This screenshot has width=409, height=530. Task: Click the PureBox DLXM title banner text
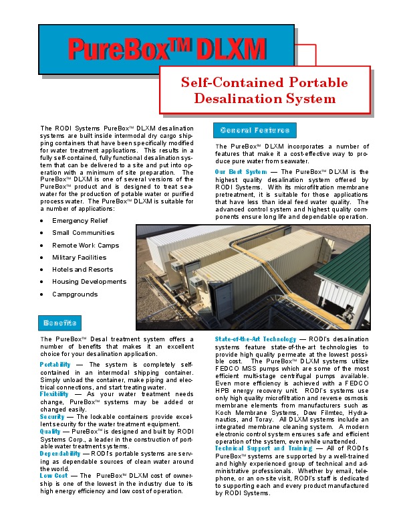click(x=166, y=50)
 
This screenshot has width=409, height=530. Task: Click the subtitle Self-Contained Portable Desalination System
click(x=265, y=91)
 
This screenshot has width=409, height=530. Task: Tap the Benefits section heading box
click(x=61, y=323)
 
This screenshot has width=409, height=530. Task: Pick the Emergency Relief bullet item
click(x=80, y=221)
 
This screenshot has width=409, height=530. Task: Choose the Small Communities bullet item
click(x=83, y=233)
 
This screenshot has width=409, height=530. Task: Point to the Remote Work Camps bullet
click(x=86, y=246)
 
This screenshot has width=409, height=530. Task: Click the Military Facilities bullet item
click(x=79, y=258)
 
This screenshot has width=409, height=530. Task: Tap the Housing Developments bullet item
click(x=89, y=282)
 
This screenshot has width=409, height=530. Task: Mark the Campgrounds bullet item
click(x=74, y=294)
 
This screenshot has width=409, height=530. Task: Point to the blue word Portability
click(x=55, y=364)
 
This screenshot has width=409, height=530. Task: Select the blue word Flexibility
click(x=54, y=394)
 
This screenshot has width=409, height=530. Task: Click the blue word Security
click(x=52, y=416)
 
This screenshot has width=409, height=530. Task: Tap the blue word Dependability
click(x=59, y=453)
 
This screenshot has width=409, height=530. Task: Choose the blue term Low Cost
click(x=54, y=475)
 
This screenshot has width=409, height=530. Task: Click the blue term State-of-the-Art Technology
click(x=255, y=339)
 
